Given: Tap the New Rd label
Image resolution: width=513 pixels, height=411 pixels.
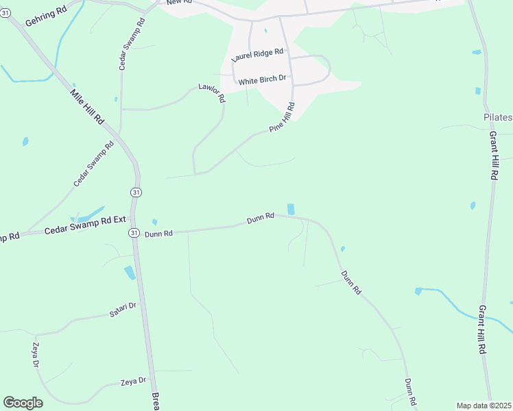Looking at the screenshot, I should tap(178, 3).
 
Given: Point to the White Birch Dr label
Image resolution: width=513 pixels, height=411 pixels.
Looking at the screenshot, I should tap(262, 80).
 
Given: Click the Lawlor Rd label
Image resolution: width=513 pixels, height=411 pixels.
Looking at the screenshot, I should tap(212, 93).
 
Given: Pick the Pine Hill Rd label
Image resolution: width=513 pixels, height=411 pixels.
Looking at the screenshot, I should tap(282, 117).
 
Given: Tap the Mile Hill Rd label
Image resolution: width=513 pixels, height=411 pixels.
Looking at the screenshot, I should tap(87, 106).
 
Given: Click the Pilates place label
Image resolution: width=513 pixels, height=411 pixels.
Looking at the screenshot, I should tap(498, 117).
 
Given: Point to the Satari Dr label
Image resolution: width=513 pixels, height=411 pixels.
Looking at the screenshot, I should tap(123, 314).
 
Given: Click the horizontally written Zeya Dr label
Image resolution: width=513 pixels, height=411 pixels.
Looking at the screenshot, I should tap(134, 381).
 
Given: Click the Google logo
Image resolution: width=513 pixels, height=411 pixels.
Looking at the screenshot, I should tap(23, 403).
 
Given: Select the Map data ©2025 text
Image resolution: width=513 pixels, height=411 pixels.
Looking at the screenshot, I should tap(484, 406).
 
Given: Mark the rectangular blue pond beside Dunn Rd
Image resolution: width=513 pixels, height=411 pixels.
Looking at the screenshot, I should tap(291, 209).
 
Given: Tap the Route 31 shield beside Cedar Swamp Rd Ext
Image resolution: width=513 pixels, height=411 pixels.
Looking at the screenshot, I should tap(134, 232).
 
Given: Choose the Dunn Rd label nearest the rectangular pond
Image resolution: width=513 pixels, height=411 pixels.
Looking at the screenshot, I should tap(261, 217).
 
